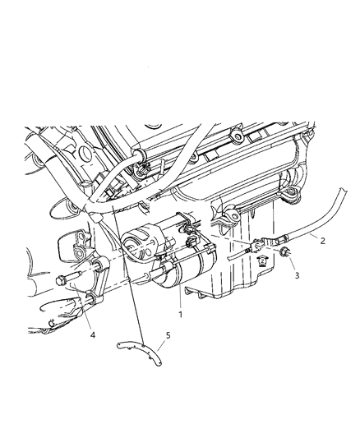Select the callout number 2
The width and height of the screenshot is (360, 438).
(x=323, y=240)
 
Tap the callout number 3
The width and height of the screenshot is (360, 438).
(x=298, y=277)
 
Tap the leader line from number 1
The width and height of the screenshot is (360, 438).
(x=179, y=297)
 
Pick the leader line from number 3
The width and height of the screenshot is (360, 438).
(x=291, y=266)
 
